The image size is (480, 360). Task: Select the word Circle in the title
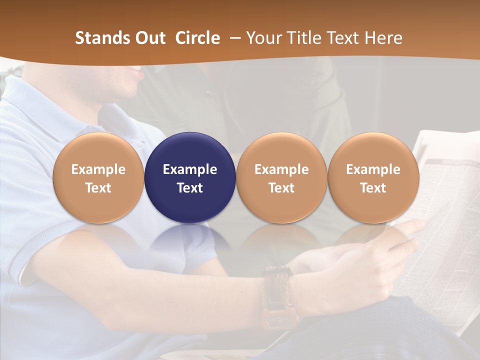197,38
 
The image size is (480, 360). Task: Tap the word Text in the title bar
342,38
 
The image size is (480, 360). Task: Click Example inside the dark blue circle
190,169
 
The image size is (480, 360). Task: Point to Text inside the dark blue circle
190,188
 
